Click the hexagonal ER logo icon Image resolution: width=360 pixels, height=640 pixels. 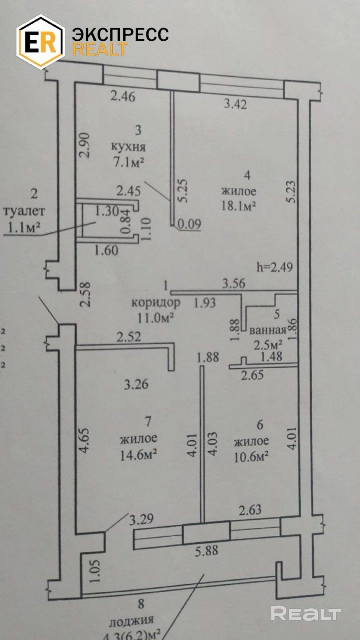pos(40,42)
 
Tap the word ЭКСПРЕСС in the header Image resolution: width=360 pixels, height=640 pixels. pos(120,34)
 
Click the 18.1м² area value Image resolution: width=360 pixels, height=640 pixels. pos(238,205)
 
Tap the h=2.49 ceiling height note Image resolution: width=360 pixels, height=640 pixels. pos(275,267)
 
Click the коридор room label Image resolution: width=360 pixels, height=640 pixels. pos(156,302)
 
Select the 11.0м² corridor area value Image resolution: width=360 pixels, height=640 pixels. pos(156,318)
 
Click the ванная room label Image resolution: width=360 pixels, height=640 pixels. pos(268,330)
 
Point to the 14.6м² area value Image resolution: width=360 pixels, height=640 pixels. pos(138,455)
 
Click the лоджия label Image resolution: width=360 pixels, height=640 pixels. pos(132,620)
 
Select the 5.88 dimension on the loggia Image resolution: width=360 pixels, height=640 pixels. pos(206,551)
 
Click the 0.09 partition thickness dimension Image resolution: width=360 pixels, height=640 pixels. pos(189,224)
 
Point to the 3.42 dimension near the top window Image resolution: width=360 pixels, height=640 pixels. pos(235,104)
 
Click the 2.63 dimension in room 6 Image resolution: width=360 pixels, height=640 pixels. pos(250,509)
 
